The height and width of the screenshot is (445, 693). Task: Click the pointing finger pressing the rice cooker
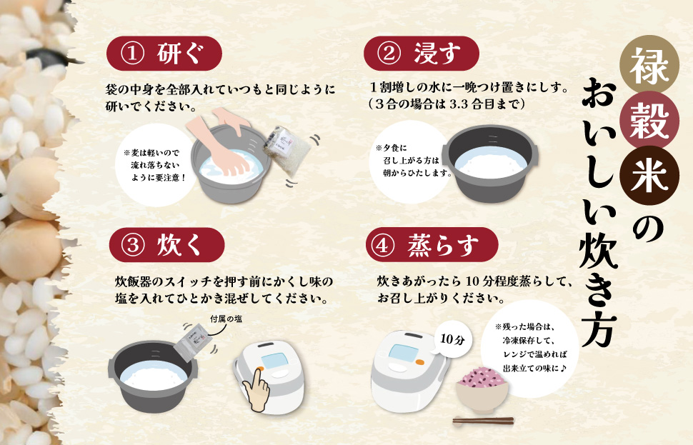tap(255, 389)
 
